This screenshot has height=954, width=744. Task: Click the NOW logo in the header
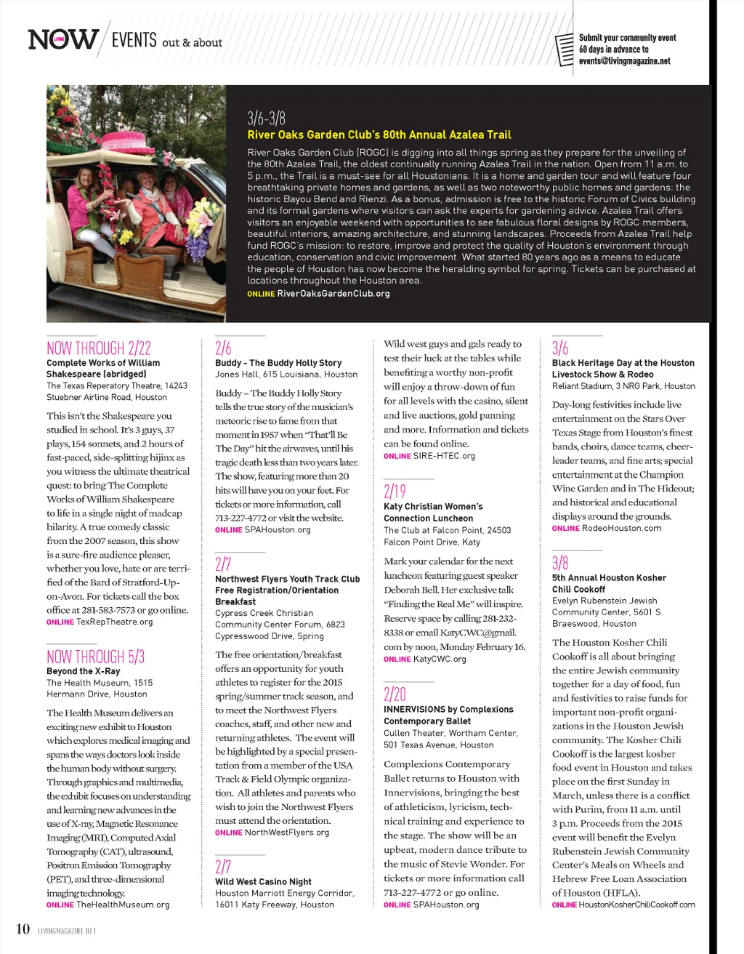click(x=63, y=39)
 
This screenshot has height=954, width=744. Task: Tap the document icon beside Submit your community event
click(x=564, y=49)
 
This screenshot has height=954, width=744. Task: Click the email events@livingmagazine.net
click(x=624, y=62)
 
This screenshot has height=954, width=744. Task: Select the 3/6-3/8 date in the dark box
click(x=266, y=119)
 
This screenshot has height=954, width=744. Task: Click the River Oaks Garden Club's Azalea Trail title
click(x=379, y=135)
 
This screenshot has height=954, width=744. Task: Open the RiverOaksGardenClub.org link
click(x=333, y=294)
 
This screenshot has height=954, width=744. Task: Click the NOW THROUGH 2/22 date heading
click(x=98, y=348)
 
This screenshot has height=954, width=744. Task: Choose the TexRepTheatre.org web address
click(x=115, y=622)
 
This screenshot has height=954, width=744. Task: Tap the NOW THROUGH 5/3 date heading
click(x=95, y=657)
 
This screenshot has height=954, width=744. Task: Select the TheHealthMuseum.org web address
click(x=123, y=905)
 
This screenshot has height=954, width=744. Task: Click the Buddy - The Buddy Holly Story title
click(x=278, y=363)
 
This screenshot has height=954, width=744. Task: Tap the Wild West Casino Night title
click(x=263, y=881)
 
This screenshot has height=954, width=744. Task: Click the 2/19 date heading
click(x=395, y=492)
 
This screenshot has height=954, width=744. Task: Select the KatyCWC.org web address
click(x=440, y=660)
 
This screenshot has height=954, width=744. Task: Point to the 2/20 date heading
click(x=395, y=694)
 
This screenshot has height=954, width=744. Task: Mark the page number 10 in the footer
click(x=23, y=929)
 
